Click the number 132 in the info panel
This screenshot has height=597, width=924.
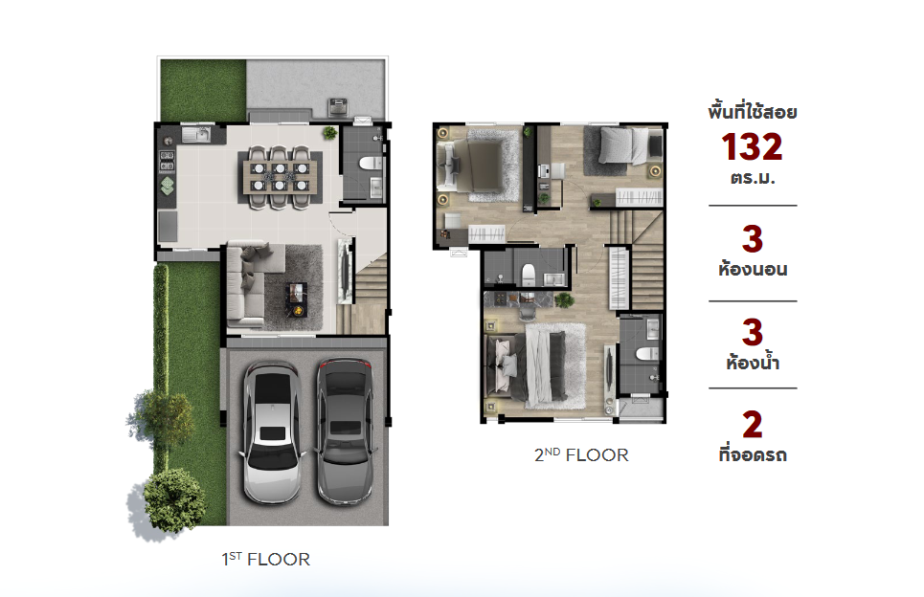[x=752, y=146]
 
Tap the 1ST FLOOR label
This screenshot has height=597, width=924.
[x=266, y=559]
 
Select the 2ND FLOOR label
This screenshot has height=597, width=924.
[x=581, y=454]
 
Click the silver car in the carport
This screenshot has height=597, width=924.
[x=273, y=432]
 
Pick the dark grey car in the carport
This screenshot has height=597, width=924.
[x=346, y=431]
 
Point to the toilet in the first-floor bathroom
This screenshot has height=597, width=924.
[x=372, y=163]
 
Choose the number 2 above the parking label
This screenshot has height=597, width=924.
[x=752, y=425]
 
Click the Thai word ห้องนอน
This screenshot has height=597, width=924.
[x=753, y=269]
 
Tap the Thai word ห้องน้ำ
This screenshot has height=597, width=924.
[x=753, y=361]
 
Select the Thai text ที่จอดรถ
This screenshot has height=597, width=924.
[x=753, y=453]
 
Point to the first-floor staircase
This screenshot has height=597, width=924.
[x=369, y=295]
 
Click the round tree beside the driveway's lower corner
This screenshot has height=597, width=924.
[x=174, y=499]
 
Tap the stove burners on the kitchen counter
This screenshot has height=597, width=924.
[x=168, y=162]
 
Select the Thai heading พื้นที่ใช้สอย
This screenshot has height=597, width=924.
[x=753, y=111]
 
